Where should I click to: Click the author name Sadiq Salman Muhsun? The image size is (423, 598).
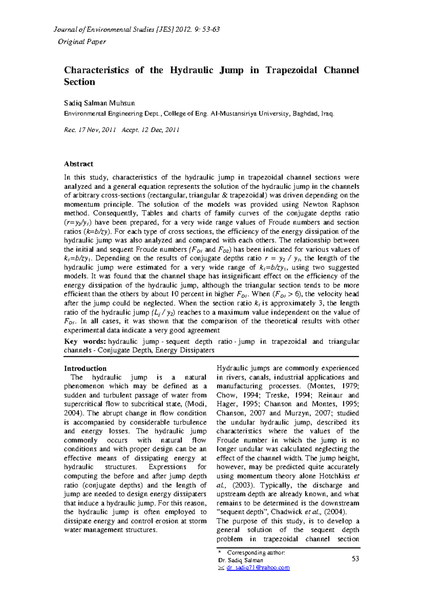pyautogui.click(x=99, y=103)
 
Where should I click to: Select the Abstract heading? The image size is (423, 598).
pyautogui.click(x=78, y=164)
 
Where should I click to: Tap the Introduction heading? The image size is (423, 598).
pyautogui.click(x=85, y=368)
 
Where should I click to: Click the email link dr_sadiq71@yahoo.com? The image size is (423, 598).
pyautogui.click(x=258, y=567)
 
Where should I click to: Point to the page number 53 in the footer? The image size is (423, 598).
pyautogui.click(x=355, y=559)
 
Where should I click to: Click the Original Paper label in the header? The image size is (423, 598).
pyautogui.click(x=82, y=42)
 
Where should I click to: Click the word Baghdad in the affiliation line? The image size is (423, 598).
pyautogui.click(x=305, y=113)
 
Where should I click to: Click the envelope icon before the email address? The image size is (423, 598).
pyautogui.click(x=221, y=568)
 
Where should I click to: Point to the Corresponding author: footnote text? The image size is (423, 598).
pyautogui.click(x=256, y=553)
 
